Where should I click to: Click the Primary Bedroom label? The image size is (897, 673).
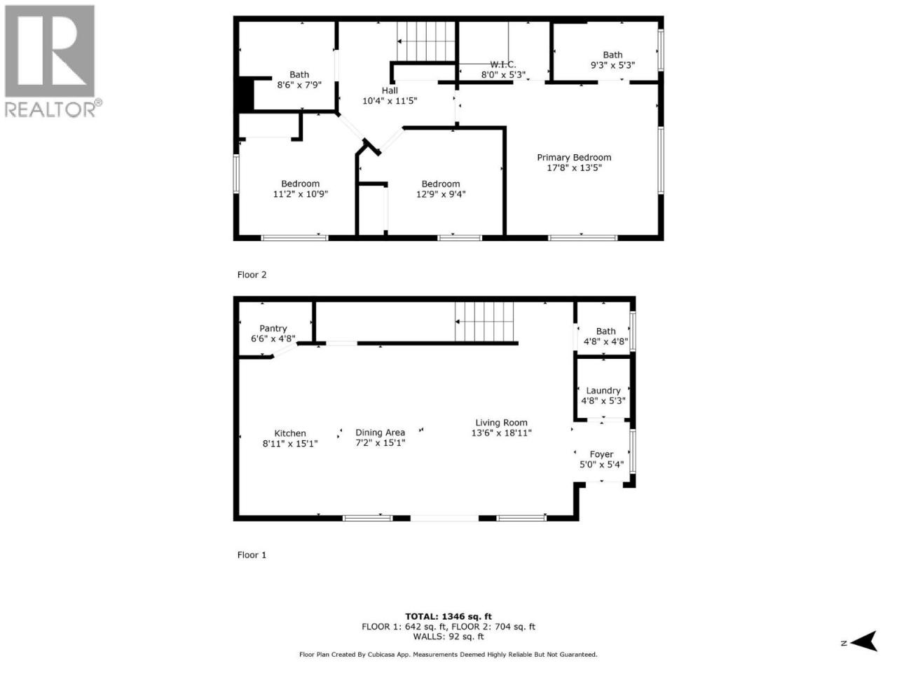point(574,157)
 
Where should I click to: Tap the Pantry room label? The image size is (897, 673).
point(273,328)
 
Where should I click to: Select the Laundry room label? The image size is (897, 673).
point(603,390)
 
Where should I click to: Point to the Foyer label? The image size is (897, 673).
point(601,454)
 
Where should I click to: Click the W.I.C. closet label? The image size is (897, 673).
point(503,64)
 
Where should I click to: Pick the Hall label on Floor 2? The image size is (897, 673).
point(390,90)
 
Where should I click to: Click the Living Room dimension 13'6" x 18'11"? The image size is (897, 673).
point(502,433)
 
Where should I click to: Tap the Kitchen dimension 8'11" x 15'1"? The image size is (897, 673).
point(290,443)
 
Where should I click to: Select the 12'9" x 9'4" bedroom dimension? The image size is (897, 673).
point(441,194)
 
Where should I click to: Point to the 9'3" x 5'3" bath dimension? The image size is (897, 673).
point(612,65)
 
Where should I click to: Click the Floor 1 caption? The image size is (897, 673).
point(252,555)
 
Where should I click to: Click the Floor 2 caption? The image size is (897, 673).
point(252,275)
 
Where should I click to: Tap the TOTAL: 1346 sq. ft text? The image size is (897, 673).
point(448,617)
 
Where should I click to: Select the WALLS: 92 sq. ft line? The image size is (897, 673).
point(448,637)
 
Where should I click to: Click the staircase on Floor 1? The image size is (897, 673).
point(484,322)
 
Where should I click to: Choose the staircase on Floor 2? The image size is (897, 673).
point(426,41)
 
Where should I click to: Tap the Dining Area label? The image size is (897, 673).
point(380,433)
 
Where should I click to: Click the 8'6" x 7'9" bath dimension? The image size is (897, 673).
point(299,85)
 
